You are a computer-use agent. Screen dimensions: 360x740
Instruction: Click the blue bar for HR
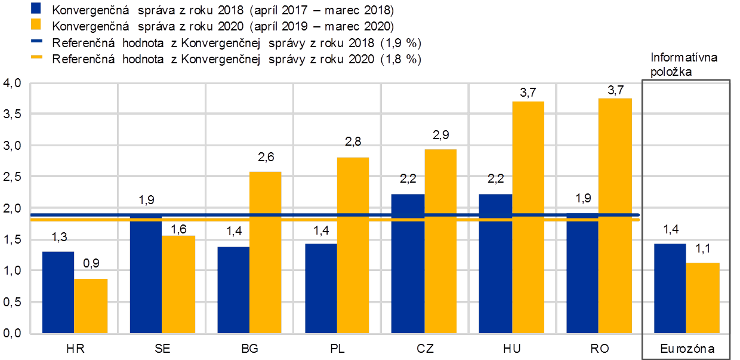pyautogui.click(x=58, y=292)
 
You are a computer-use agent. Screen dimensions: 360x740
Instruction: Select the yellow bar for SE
pyautogui.click(x=178, y=284)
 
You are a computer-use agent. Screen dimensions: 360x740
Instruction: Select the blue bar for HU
pyautogui.click(x=495, y=263)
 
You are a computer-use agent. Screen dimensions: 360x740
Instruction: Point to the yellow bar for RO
pyautogui.click(x=615, y=215)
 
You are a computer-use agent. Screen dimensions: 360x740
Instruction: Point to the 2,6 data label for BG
pyautogui.click(x=266, y=158)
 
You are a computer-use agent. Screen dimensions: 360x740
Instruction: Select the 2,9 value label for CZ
pyautogui.click(x=440, y=136)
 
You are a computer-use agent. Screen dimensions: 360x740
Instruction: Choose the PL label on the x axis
pyautogui.click(x=337, y=348)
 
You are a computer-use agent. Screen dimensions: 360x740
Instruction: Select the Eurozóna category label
pyautogui.click(x=686, y=348)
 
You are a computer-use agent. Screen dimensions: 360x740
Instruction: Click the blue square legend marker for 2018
pyautogui.click(x=36, y=10)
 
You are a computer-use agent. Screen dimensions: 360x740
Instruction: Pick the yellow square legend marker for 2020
pyautogui.click(x=36, y=25)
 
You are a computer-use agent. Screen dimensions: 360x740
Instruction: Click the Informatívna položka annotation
pyautogui.click(x=684, y=63)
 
